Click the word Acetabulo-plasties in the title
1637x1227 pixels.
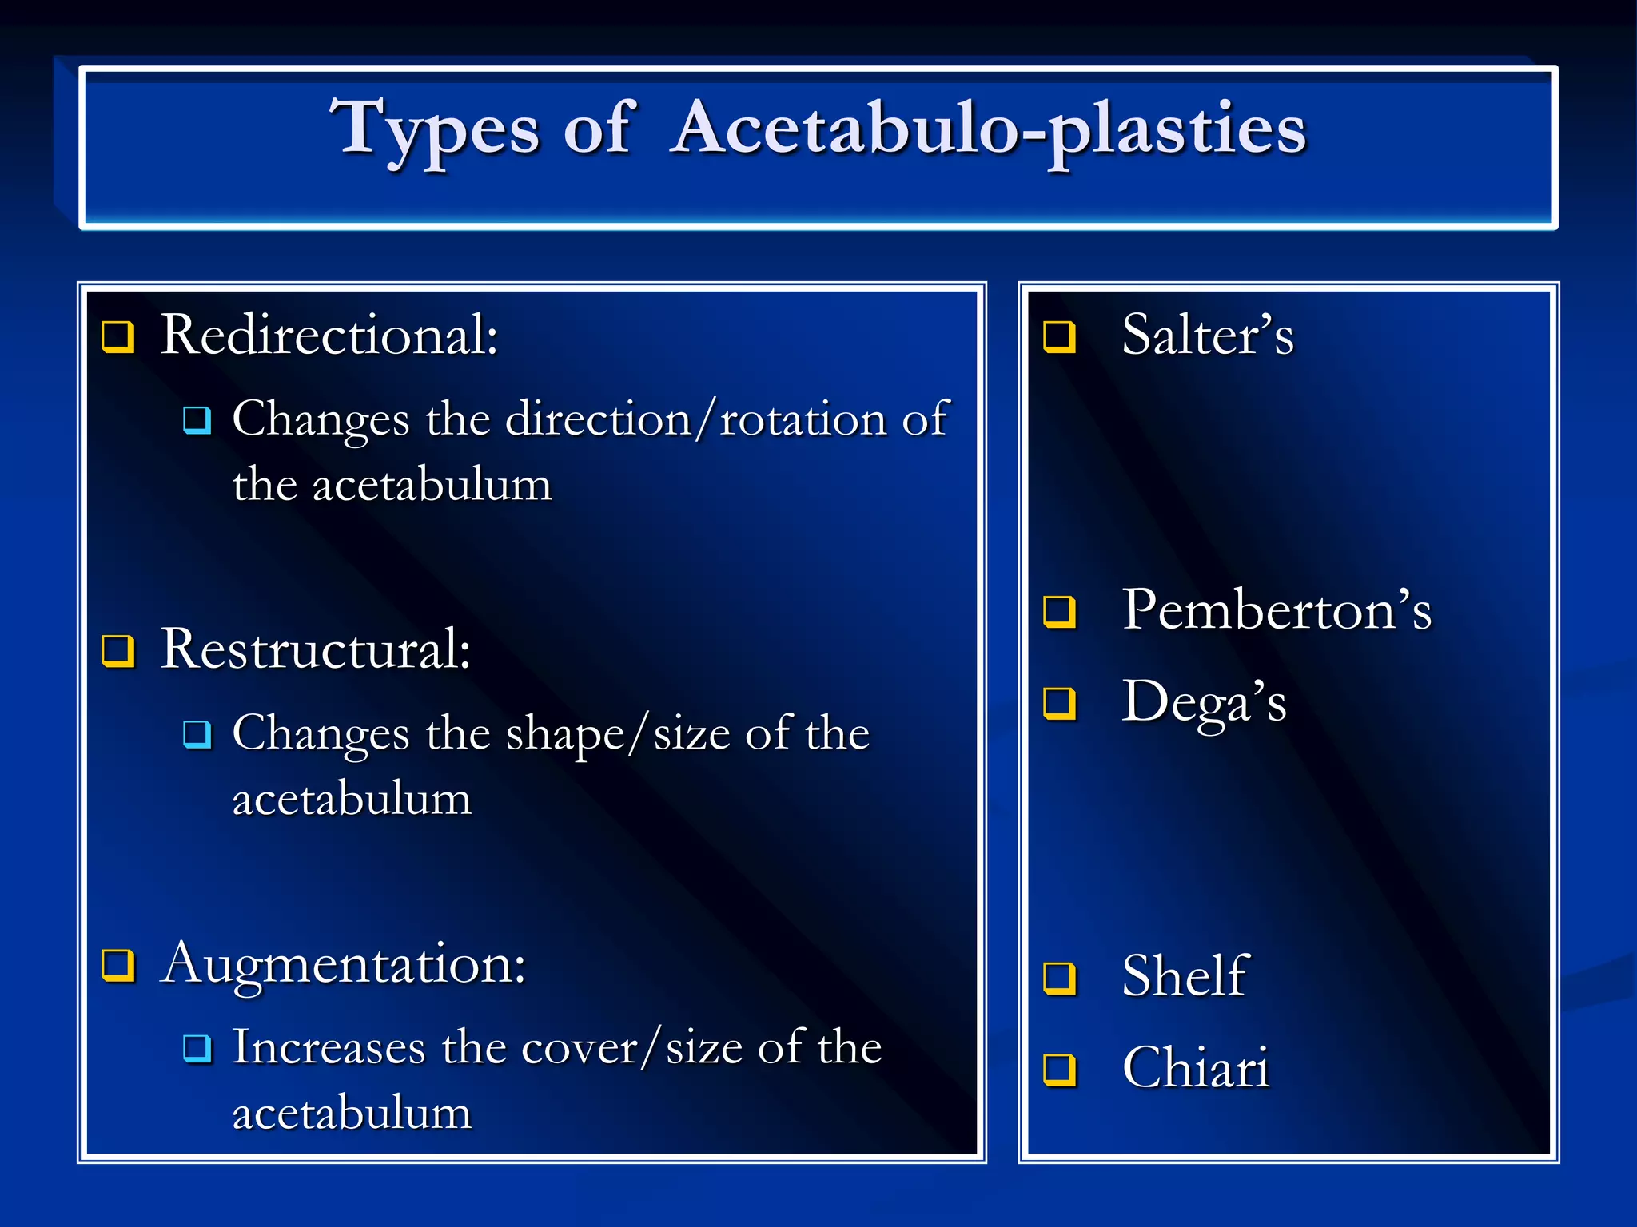coord(989,129)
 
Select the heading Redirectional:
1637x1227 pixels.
coord(329,335)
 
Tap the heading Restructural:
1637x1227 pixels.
coord(316,649)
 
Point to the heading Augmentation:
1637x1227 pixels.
coord(343,963)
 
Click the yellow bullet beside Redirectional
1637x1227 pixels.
coord(117,336)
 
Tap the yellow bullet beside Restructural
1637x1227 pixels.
coord(117,650)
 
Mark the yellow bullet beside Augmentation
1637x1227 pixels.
coord(117,964)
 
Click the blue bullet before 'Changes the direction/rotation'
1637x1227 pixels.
coord(197,419)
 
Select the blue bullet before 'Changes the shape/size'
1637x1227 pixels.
coord(197,733)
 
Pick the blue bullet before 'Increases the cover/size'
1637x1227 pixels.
coord(197,1047)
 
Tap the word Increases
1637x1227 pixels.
coord(329,1047)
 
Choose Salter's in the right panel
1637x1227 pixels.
coord(1207,335)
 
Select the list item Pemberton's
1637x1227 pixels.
coord(1277,610)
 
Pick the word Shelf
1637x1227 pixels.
coord(1185,976)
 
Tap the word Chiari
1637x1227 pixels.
coord(1196,1068)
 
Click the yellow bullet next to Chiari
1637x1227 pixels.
coord(1060,1069)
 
